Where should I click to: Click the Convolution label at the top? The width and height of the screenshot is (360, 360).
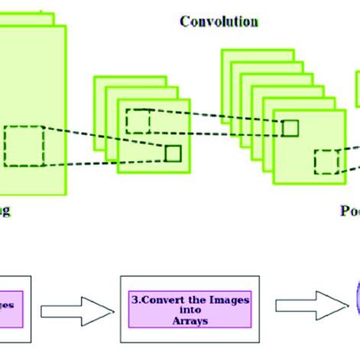tap(219, 21)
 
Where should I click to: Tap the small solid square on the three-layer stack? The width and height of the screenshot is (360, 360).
tap(173, 153)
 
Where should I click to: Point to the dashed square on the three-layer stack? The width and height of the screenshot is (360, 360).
tap(138, 122)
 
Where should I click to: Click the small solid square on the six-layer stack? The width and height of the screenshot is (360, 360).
tap(290, 128)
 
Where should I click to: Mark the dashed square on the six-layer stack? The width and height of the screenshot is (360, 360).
tap(326, 162)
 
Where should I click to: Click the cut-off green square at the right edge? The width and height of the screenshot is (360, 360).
tap(357, 88)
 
